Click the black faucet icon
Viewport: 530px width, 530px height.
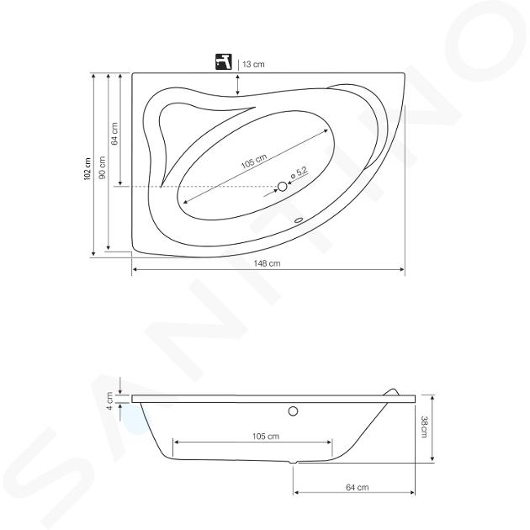(224, 61)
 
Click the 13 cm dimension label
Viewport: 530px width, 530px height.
(253, 64)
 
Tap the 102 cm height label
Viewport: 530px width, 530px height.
(87, 168)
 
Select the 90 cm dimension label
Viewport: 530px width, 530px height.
(103, 167)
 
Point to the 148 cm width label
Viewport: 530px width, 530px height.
(267, 263)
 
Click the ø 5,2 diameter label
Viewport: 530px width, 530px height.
(299, 173)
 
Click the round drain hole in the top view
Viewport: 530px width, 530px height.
(282, 186)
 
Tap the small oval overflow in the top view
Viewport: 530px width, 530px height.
(299, 220)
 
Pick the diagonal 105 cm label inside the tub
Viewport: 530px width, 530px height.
(254, 162)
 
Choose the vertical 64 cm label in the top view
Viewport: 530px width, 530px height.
(114, 134)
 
